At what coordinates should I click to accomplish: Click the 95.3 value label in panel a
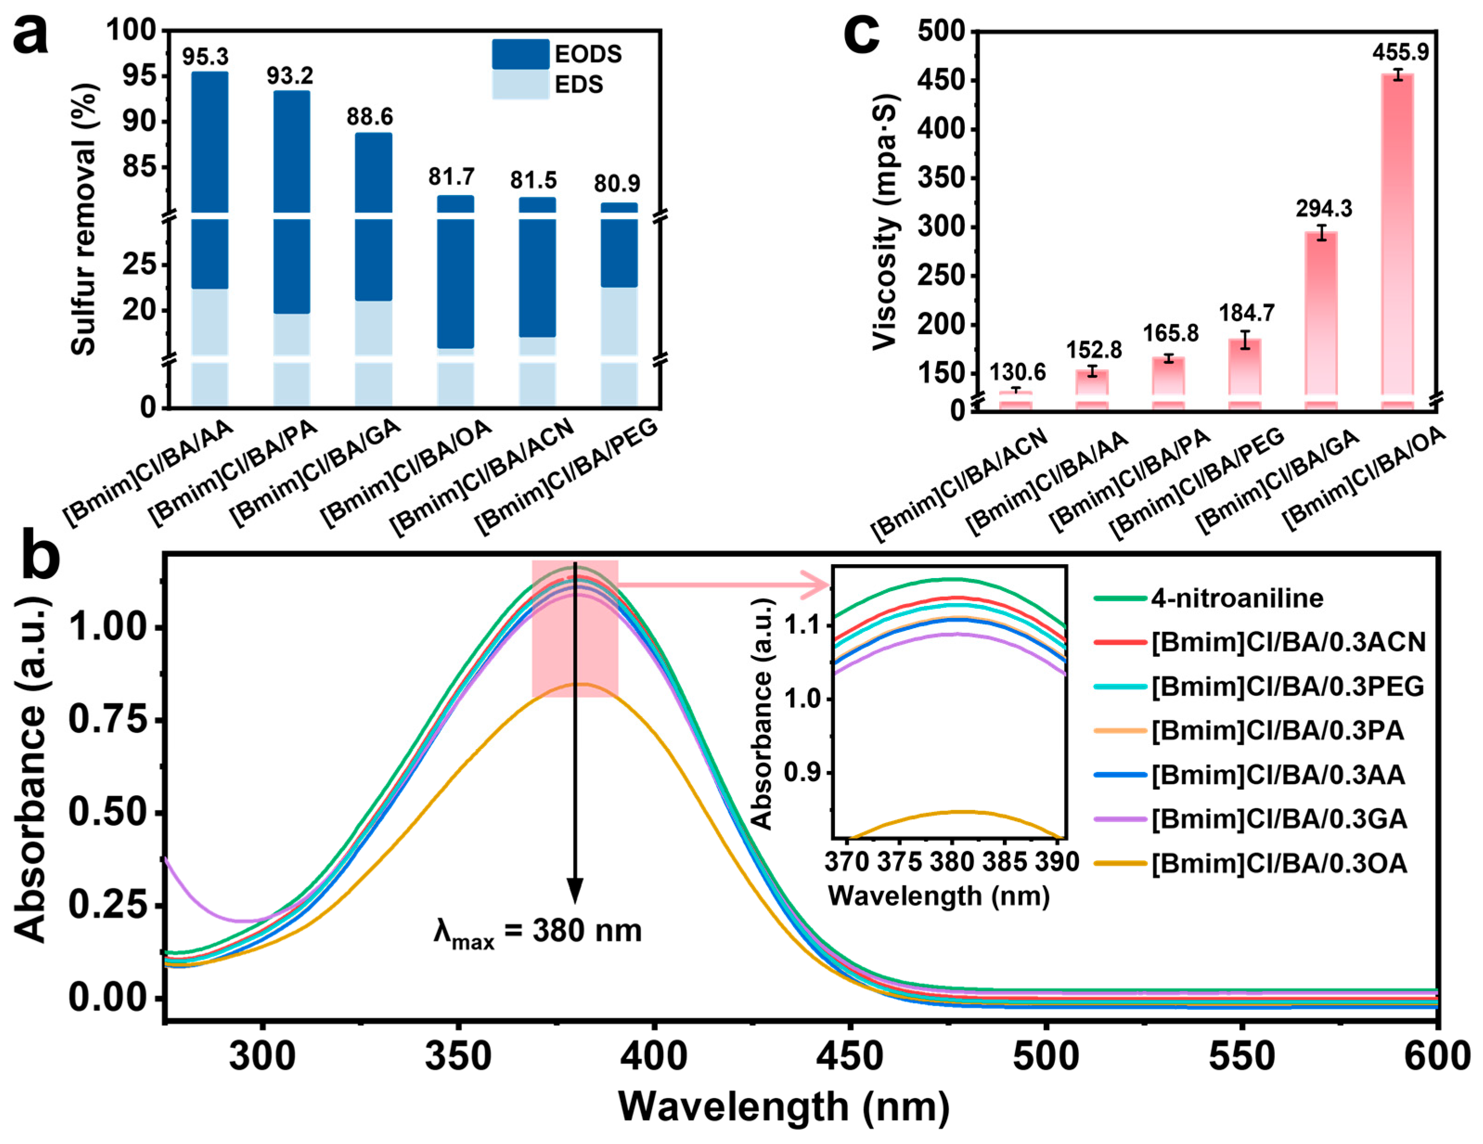pyautogui.click(x=205, y=57)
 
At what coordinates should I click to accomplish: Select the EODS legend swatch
pyautogui.click(x=520, y=54)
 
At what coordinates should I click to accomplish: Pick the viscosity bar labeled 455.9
pyautogui.click(x=1398, y=241)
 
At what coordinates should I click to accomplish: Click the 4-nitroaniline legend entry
pyautogui.click(x=1209, y=598)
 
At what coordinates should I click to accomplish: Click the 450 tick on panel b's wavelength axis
pyautogui.click(x=849, y=1057)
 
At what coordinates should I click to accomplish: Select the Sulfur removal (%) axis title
pyautogui.click(x=84, y=219)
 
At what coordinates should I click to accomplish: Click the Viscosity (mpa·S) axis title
pyautogui.click(x=886, y=223)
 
